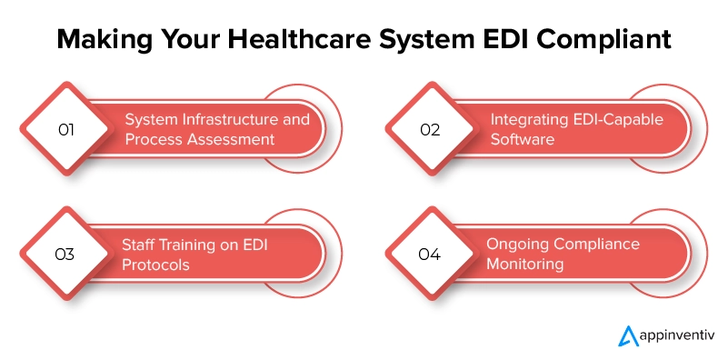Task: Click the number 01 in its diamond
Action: [65, 129]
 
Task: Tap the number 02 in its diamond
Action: [430, 129]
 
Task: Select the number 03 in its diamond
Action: [65, 255]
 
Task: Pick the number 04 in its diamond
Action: [430, 255]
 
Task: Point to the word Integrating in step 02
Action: [530, 119]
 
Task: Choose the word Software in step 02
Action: [522, 139]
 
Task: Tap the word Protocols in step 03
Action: [156, 265]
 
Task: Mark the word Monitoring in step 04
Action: [525, 265]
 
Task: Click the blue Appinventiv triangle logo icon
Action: [625, 334]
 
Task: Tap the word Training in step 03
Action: [194, 245]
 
